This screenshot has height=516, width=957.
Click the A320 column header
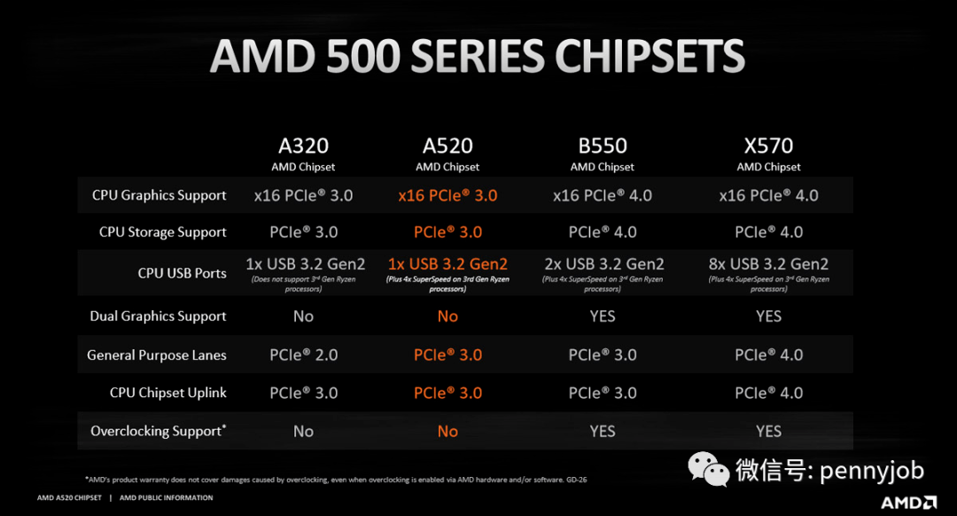(303, 146)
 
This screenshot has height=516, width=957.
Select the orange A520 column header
(447, 146)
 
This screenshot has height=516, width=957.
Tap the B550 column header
(603, 146)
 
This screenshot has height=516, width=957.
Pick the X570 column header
(768, 146)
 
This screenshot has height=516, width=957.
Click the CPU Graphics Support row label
(159, 195)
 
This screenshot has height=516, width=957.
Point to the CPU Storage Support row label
(163, 232)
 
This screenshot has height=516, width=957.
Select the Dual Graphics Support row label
(158, 317)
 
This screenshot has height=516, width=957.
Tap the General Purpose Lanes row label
(157, 356)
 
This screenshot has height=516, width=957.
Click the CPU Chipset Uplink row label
(168, 393)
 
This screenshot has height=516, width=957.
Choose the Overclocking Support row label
(158, 431)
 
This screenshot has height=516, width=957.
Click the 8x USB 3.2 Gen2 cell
(768, 264)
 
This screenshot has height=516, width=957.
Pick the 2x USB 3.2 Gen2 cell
(603, 264)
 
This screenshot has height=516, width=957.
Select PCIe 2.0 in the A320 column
(304, 356)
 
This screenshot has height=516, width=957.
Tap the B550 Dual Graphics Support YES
(603, 317)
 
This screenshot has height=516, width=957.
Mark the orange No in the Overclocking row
(447, 432)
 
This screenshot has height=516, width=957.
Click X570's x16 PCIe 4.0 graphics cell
(768, 195)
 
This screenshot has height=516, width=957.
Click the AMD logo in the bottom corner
(908, 502)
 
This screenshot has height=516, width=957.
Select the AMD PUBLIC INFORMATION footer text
(166, 498)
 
